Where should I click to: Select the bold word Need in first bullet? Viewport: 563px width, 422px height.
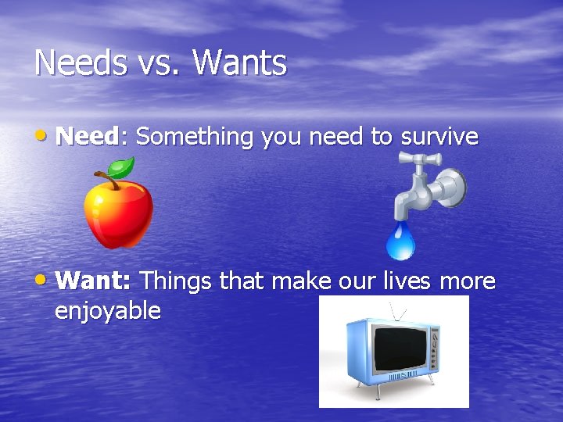point(87,137)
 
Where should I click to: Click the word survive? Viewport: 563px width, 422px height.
point(439,137)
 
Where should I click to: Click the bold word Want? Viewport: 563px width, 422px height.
point(95,280)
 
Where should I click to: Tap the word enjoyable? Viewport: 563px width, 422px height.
point(108,311)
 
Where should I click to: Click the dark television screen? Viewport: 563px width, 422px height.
point(399,349)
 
